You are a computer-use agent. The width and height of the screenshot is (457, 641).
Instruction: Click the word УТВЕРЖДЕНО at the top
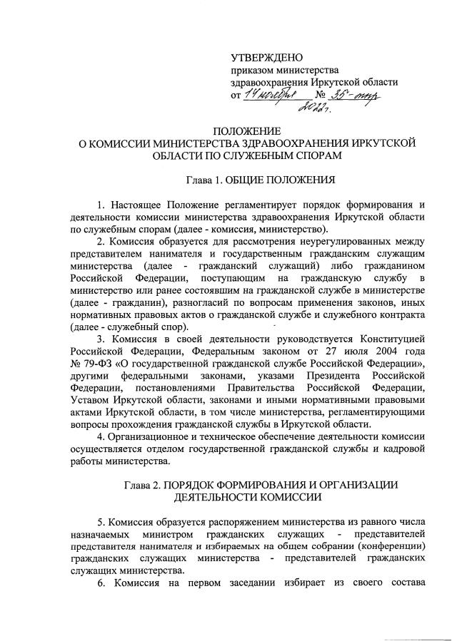coord(266,57)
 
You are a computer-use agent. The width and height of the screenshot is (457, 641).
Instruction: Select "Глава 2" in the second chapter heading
coord(144,485)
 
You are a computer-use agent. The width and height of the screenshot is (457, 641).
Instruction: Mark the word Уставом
coord(91,404)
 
